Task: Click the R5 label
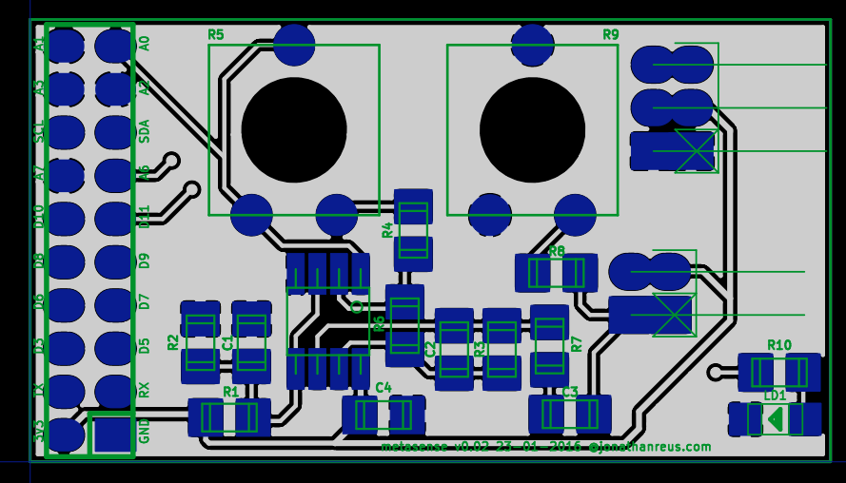pyautogui.click(x=216, y=34)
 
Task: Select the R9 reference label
pyautogui.click(x=610, y=34)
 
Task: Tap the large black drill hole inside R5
pyautogui.click(x=293, y=129)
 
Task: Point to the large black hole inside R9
pyautogui.click(x=532, y=129)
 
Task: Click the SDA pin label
pyautogui.click(x=145, y=131)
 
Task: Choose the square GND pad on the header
pyautogui.click(x=112, y=434)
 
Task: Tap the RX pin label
pyautogui.click(x=145, y=390)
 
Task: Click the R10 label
pyautogui.click(x=779, y=345)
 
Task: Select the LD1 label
pyautogui.click(x=775, y=395)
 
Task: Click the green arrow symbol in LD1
pyautogui.click(x=776, y=418)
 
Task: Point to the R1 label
pyautogui.click(x=230, y=392)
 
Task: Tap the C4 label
pyautogui.click(x=383, y=387)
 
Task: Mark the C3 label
pyautogui.click(x=569, y=392)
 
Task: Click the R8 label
pyautogui.click(x=557, y=251)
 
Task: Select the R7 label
pyautogui.click(x=577, y=344)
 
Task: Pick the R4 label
pyautogui.click(x=387, y=230)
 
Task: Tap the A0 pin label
pyautogui.click(x=145, y=43)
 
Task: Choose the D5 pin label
pyautogui.click(x=145, y=346)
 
